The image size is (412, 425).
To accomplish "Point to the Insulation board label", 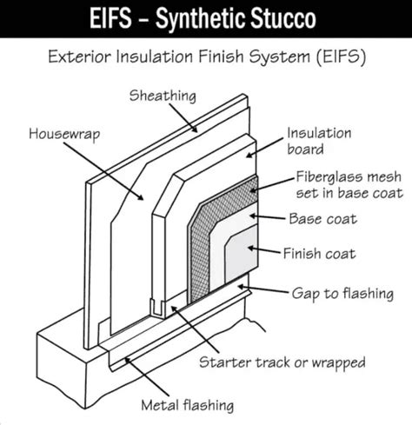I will (x=319, y=141).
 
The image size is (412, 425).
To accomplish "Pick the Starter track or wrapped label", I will (x=282, y=361).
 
